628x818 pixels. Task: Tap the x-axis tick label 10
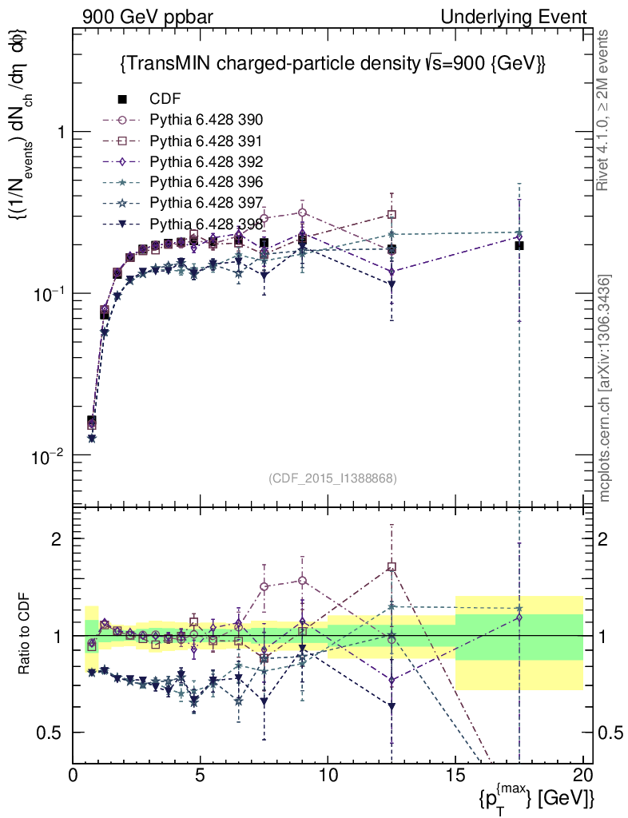328,776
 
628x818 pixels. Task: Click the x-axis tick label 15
455,776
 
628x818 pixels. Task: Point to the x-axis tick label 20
583,776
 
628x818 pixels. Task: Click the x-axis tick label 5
201,776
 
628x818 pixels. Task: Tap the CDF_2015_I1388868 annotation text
332,478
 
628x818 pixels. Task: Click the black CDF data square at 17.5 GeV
519,245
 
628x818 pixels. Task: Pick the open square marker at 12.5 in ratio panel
392,567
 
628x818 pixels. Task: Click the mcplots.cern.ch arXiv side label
606,388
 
